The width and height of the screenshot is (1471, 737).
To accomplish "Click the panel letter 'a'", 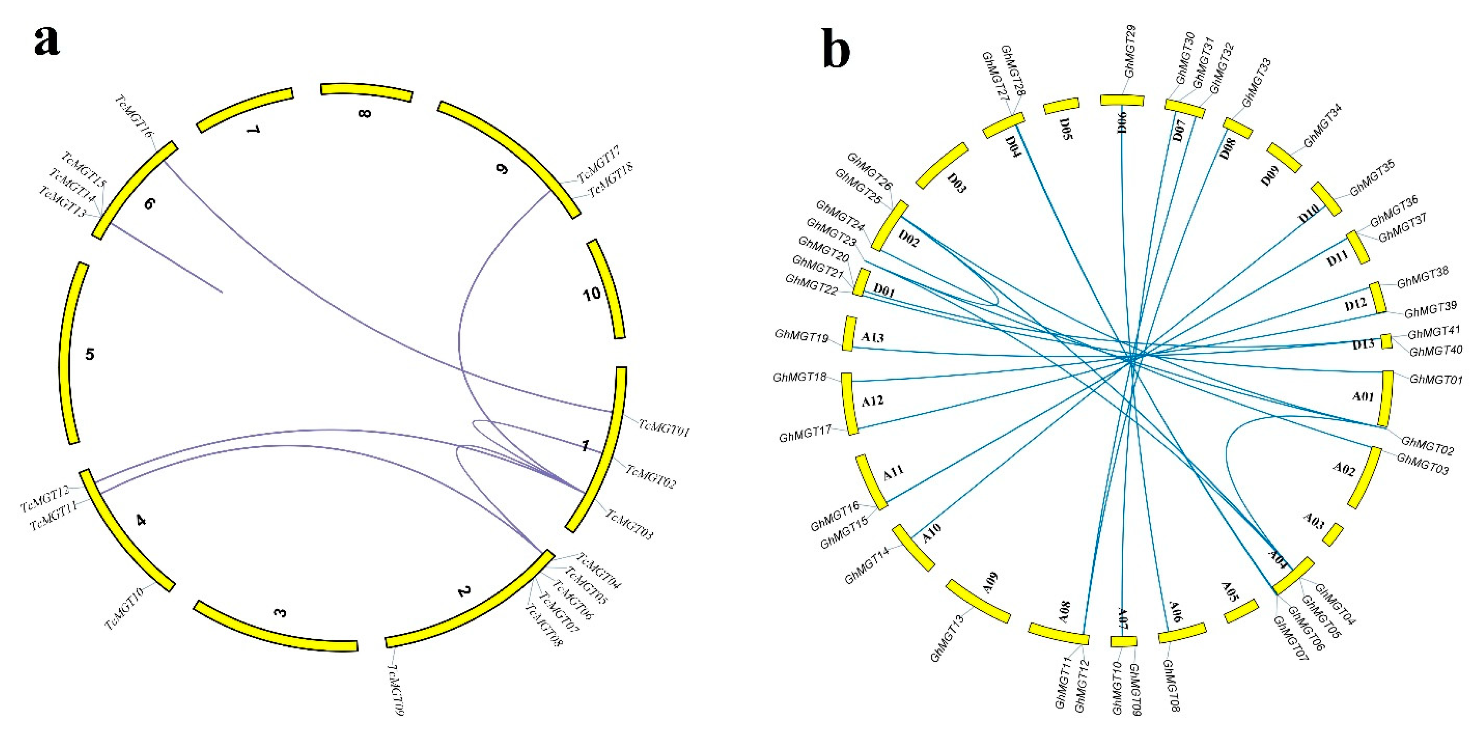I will click(47, 42).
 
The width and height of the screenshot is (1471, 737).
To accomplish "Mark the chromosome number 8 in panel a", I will click(364, 113).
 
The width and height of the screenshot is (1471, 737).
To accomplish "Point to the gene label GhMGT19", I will click(801, 336).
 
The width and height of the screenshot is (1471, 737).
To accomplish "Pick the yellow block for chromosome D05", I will click(1061, 106).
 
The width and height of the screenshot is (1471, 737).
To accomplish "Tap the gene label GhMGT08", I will click(1171, 686).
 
